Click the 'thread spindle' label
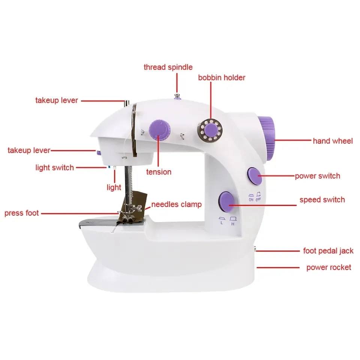click(168, 67)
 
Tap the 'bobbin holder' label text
click(222, 78)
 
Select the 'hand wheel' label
click(333, 141)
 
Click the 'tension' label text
click(159, 172)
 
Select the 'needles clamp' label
click(176, 205)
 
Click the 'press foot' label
click(21, 213)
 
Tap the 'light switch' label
click(54, 168)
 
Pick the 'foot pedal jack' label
click(328, 251)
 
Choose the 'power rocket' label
click(328, 267)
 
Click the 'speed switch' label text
click(322, 200)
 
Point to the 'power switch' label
click(317, 176)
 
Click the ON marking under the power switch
click(251, 199)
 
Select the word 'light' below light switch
click(114, 187)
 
